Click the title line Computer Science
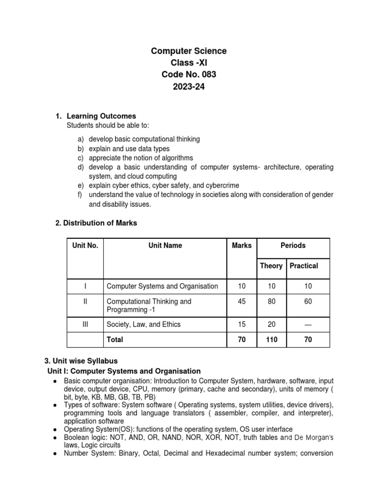coord(189,51)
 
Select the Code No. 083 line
coord(189,75)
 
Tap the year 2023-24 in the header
coord(189,87)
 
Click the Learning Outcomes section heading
coord(101,116)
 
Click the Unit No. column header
coord(85,246)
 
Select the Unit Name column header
coord(165,246)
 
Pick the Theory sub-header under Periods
coord(271,266)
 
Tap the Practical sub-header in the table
coord(304,266)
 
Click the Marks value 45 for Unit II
coord(241,301)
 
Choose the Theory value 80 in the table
coord(271,301)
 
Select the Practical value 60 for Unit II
coord(308,301)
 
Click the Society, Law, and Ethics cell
coord(144,324)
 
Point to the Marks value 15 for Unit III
coord(241,324)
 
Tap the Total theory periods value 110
coord(271,339)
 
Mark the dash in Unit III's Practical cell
coord(308,324)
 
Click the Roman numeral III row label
coord(85,324)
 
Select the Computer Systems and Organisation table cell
coord(162,286)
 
